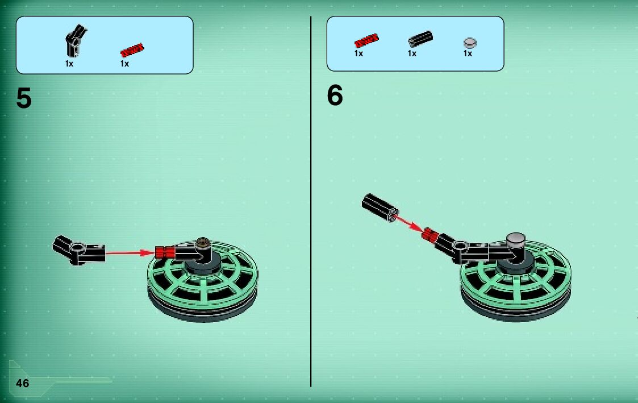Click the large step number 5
(24, 98)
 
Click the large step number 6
(335, 95)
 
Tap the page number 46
(22, 383)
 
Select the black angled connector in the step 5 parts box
(76, 41)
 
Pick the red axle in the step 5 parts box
(132, 50)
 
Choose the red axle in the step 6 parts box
(366, 40)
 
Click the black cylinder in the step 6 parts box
(420, 39)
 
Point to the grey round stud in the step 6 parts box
(470, 42)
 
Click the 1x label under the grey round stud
(468, 53)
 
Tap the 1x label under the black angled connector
(69, 64)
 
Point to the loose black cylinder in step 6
(380, 207)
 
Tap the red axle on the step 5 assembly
(165, 252)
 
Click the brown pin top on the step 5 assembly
(203, 243)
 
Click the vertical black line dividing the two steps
(311, 201)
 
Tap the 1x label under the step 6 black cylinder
(412, 53)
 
